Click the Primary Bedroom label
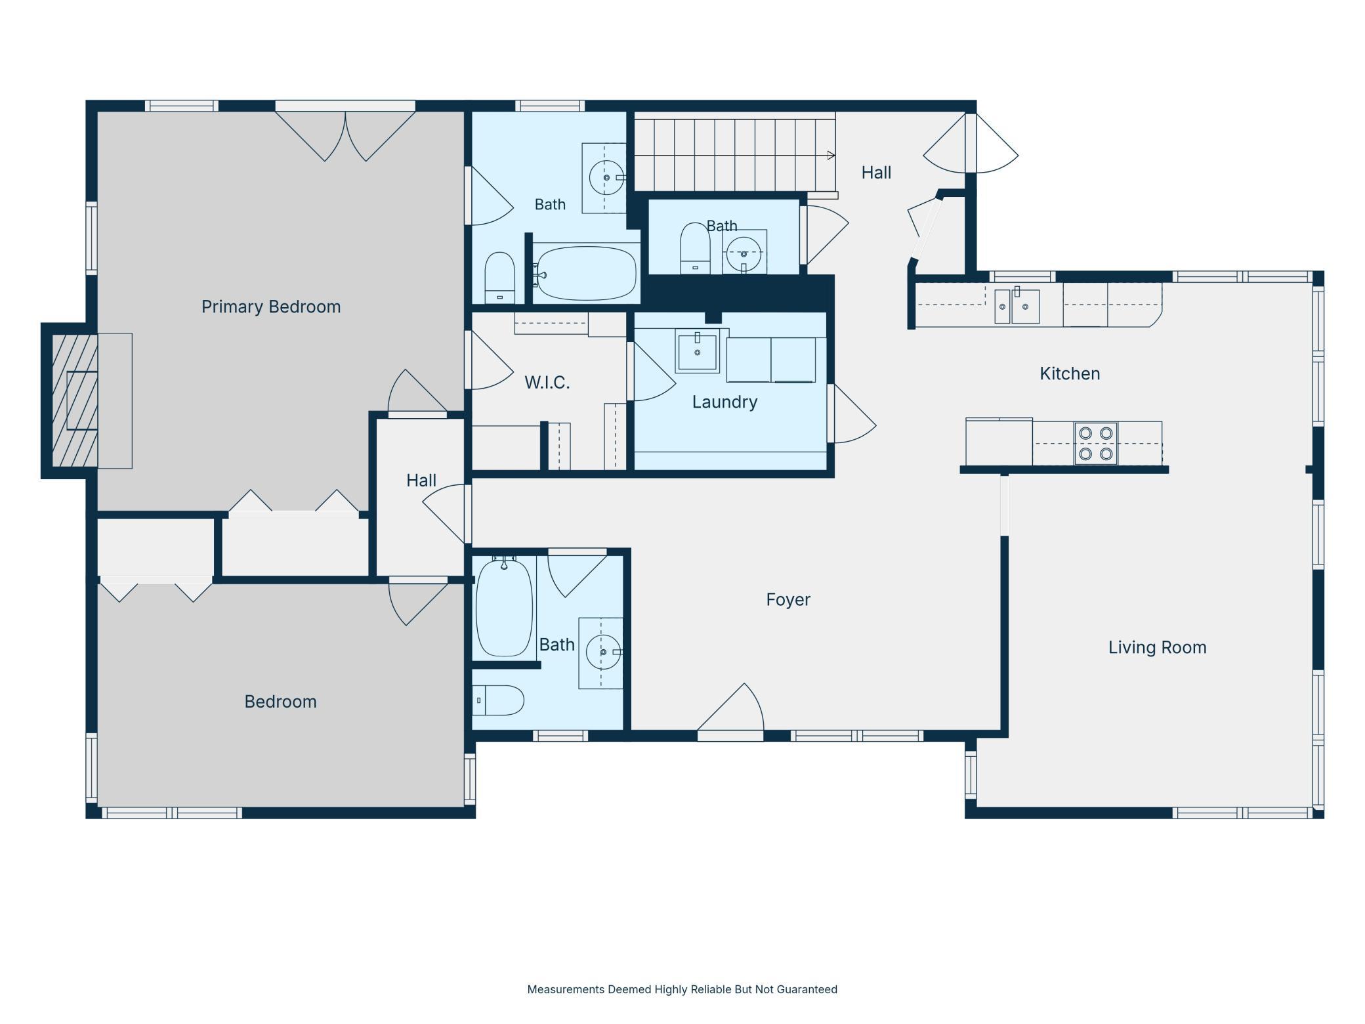tap(271, 307)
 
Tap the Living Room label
tap(1157, 647)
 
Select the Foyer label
tap(788, 599)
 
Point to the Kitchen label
tap(1070, 373)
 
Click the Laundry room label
tap(724, 402)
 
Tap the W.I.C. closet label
tap(547, 382)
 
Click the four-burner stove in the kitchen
tap(1095, 443)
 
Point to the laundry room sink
tap(697, 351)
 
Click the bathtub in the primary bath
tap(585, 272)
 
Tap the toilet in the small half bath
tap(695, 248)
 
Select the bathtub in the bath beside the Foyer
tap(503, 607)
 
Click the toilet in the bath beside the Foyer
tap(498, 700)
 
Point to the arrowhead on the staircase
tap(831, 156)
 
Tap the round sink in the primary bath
tap(606, 177)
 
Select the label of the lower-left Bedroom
tap(280, 702)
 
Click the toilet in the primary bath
tap(499, 278)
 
